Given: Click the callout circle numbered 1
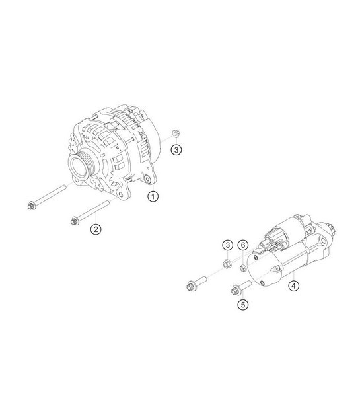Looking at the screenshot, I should click(x=153, y=196).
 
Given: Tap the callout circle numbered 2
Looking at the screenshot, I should click(x=96, y=229).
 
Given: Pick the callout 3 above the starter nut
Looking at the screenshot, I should click(x=227, y=246).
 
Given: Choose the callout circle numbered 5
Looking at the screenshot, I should click(x=242, y=305).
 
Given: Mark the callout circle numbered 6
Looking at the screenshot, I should click(x=242, y=246).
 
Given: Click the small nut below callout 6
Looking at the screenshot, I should click(x=242, y=267).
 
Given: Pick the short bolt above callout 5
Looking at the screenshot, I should click(x=239, y=287).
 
